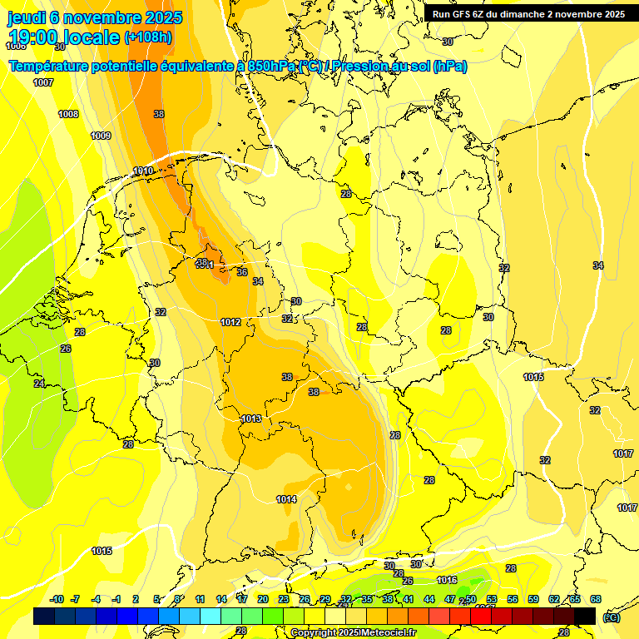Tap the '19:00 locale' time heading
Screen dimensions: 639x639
tap(64, 37)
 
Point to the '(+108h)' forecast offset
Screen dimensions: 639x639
tap(148, 37)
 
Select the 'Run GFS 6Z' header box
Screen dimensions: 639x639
tap(528, 14)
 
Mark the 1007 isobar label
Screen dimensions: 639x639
tap(43, 82)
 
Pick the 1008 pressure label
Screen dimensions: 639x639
tap(68, 114)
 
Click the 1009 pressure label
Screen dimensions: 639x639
tap(101, 136)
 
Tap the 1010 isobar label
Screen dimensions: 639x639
tap(143, 171)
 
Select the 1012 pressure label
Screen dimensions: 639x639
tap(230, 322)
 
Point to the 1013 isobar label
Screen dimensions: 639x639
tap(251, 419)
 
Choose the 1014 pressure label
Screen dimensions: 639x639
tap(286, 499)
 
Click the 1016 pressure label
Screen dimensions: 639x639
tap(447, 580)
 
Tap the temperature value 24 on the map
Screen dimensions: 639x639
tap(39, 384)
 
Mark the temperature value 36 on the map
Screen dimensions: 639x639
tap(242, 272)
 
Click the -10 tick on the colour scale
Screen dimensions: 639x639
tap(57, 599)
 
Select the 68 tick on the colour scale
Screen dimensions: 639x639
tap(595, 599)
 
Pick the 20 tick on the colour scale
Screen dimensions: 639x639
tap(262, 599)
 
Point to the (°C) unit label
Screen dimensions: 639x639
tap(612, 617)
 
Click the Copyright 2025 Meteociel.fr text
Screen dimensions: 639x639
tap(350, 632)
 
